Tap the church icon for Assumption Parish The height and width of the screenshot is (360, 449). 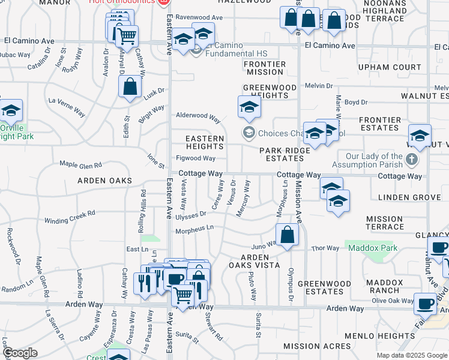(x=411, y=160)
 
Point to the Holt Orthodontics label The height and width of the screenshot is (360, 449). (x=121, y=2)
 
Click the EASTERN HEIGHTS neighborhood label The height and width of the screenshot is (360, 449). (x=205, y=142)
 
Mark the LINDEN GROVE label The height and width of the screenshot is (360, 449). (x=410, y=197)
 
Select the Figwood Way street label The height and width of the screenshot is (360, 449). (x=196, y=158)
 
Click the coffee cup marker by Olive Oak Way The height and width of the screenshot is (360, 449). (x=426, y=304)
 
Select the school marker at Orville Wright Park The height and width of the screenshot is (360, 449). (x=10, y=111)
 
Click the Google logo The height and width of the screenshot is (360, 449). (x=20, y=353)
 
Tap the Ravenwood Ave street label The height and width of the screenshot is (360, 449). (x=199, y=17)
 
